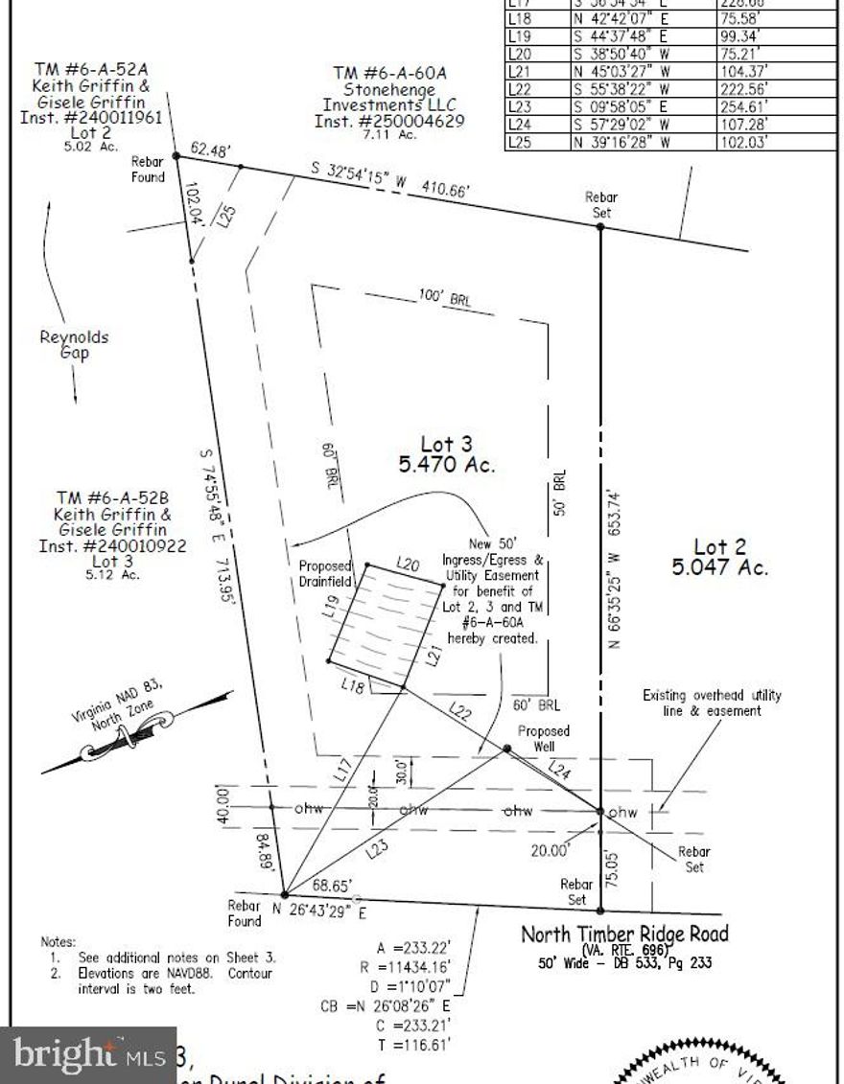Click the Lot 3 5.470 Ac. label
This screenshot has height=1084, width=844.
447,454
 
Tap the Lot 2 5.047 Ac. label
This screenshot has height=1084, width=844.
720,557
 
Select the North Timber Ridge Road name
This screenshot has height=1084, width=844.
624,934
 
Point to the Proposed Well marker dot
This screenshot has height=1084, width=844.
506,749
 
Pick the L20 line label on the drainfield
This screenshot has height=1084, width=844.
409,565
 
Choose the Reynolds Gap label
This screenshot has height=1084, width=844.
74,345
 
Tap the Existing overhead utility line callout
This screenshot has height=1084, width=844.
712,703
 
